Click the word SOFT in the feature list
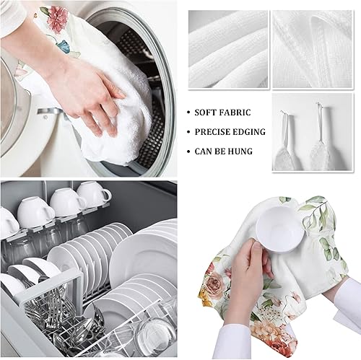[209, 113]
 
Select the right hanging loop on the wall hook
[319, 130]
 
